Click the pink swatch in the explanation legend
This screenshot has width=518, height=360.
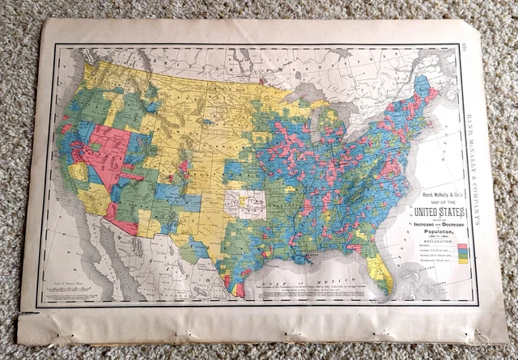point(462,246)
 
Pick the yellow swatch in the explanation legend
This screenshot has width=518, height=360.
point(462,260)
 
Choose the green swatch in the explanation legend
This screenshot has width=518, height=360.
point(462,256)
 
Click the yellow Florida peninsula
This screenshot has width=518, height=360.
point(381,271)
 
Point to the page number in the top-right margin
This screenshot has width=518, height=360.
point(471,47)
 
